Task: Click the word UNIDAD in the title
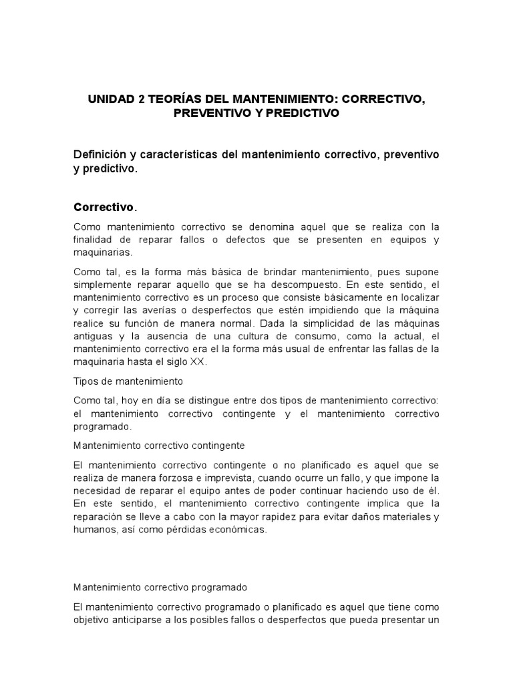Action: [x=112, y=99]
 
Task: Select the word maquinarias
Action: [x=103, y=253]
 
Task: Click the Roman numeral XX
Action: [x=199, y=361]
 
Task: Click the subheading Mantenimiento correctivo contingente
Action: [x=159, y=444]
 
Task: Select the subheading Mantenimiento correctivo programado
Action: [x=160, y=587]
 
